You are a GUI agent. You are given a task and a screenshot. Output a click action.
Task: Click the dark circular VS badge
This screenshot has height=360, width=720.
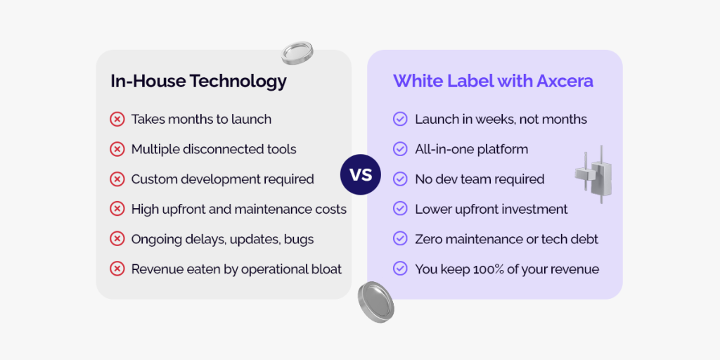pyautogui.click(x=361, y=174)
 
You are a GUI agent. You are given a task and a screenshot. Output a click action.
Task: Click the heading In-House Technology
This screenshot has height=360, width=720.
pyautogui.click(x=198, y=82)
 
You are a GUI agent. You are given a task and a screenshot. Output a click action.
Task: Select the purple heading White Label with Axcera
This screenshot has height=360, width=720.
pyautogui.click(x=493, y=81)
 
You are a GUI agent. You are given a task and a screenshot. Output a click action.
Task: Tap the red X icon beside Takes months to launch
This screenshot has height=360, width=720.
pyautogui.click(x=117, y=120)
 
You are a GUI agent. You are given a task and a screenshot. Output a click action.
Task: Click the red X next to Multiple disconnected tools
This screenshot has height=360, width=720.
pyautogui.click(x=117, y=149)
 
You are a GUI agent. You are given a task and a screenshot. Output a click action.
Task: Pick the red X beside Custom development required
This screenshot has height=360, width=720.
pyautogui.click(x=117, y=179)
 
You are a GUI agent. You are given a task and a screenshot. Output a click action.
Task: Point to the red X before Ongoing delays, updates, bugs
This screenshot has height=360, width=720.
pyautogui.click(x=117, y=239)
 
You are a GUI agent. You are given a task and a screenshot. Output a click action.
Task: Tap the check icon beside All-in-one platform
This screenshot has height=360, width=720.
pyautogui.click(x=400, y=149)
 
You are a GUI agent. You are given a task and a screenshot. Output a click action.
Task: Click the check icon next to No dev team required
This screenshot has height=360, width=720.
pyautogui.click(x=400, y=179)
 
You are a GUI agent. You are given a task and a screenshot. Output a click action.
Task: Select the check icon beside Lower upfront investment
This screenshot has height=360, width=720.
pyautogui.click(x=400, y=209)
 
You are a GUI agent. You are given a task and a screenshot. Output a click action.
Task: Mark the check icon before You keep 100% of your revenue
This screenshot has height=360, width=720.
pyautogui.click(x=400, y=269)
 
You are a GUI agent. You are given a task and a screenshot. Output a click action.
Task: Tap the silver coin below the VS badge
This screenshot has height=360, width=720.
pyautogui.click(x=375, y=302)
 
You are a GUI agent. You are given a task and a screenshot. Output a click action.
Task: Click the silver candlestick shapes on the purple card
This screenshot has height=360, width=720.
pyautogui.click(x=593, y=174)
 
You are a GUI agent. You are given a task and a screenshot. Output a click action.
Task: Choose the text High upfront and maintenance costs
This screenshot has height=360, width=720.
pyautogui.click(x=239, y=210)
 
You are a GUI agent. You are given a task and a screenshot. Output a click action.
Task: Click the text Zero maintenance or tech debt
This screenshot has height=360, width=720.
pyautogui.click(x=506, y=239)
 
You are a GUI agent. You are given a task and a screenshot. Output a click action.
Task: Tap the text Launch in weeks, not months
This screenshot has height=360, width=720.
pyautogui.click(x=501, y=120)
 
